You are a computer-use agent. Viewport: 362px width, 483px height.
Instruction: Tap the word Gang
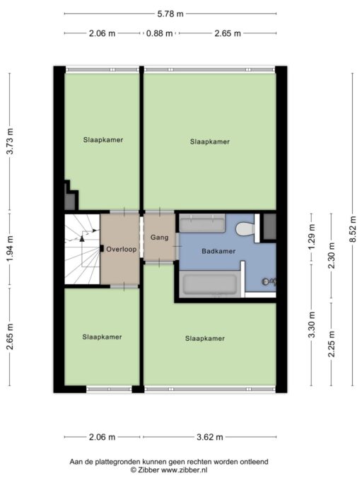tap(159, 238)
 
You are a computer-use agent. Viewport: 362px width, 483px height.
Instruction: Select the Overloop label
tap(122, 248)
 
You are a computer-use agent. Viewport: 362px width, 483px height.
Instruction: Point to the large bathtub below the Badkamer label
tap(210, 284)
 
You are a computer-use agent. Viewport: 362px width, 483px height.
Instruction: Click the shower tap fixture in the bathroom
tap(266, 281)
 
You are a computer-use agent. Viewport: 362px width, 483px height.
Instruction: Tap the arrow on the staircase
tap(83, 238)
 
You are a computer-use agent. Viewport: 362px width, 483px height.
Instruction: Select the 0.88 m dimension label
tap(157, 33)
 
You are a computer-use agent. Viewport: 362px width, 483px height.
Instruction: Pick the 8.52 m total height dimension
tap(352, 230)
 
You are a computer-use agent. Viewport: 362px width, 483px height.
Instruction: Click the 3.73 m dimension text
tap(10, 141)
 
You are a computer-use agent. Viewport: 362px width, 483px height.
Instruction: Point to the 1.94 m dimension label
tap(10, 250)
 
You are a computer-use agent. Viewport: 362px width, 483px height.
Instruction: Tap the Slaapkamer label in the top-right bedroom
tap(210, 141)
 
